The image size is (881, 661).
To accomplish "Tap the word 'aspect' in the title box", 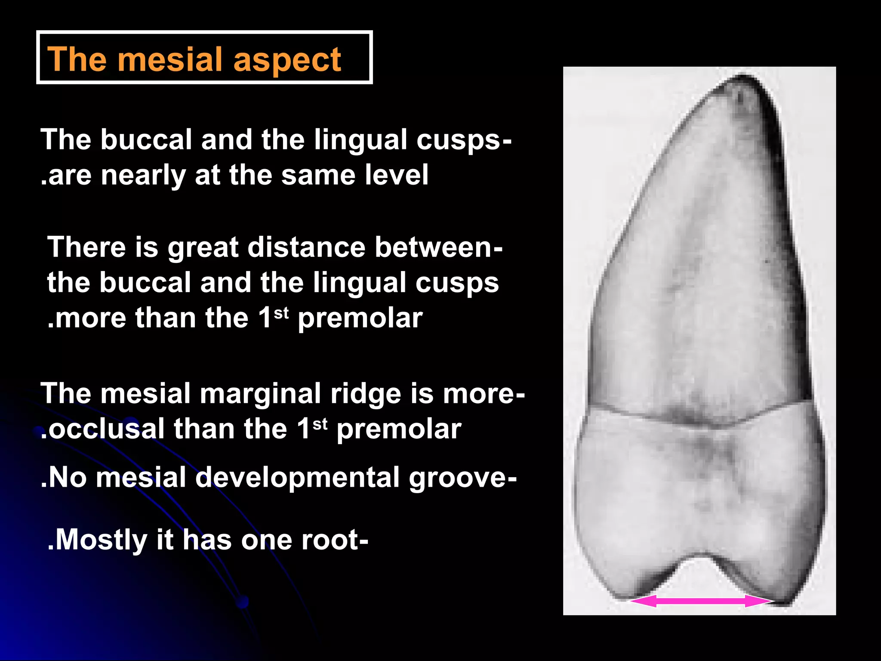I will point(287,60).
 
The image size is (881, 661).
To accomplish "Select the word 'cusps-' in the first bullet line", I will point(464,140).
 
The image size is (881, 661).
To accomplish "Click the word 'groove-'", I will point(463,479).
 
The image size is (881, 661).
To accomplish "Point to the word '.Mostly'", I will point(97,540).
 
